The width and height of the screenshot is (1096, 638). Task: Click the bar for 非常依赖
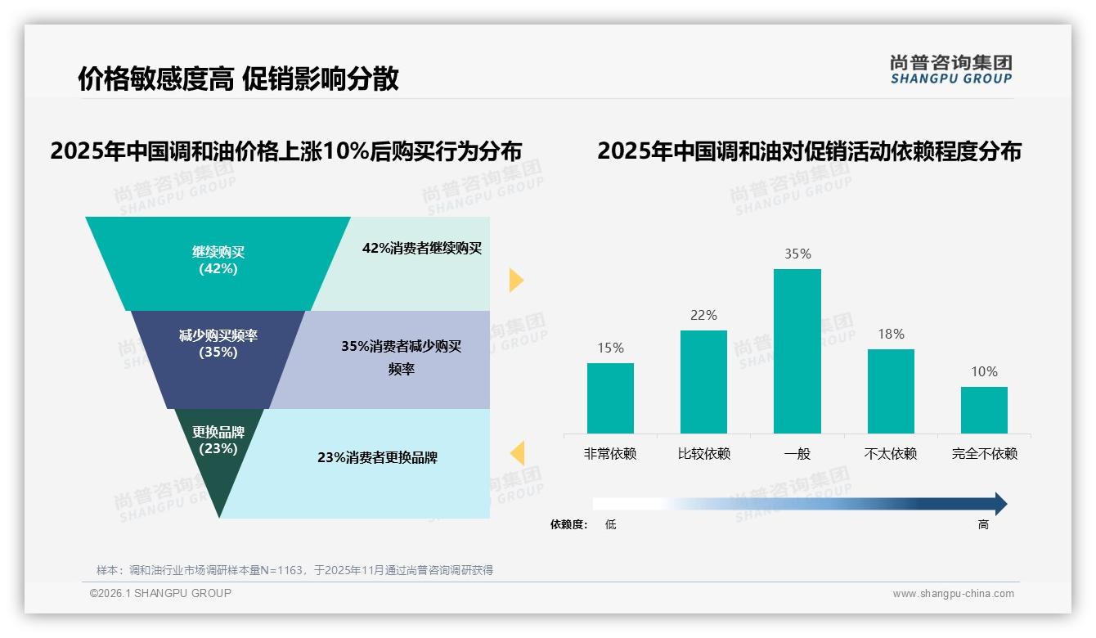click(610, 398)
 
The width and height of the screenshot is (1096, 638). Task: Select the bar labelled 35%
click(797, 351)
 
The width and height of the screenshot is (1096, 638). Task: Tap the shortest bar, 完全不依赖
click(984, 410)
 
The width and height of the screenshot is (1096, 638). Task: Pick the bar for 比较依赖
click(703, 382)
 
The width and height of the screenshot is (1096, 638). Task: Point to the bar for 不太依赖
click(891, 391)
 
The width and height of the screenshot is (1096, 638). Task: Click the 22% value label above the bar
click(703, 315)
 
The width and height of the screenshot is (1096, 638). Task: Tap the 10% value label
click(984, 371)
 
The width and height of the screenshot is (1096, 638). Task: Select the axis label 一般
click(797, 453)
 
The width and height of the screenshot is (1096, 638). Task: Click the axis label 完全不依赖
click(984, 453)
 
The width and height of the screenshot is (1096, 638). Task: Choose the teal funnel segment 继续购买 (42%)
click(218, 261)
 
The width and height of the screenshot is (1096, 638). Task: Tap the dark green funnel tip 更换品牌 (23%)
click(218, 450)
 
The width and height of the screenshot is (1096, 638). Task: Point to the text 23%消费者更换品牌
click(377, 457)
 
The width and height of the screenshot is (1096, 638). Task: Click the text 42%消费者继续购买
click(422, 248)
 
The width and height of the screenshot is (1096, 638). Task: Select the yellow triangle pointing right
click(515, 280)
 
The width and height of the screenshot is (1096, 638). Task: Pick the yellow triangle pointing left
click(517, 452)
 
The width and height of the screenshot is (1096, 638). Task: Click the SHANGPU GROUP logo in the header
click(950, 70)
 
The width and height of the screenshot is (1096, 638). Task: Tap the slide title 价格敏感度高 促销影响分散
click(238, 79)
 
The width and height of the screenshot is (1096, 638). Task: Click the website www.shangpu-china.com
click(953, 594)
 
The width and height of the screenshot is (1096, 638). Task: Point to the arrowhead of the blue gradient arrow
click(999, 504)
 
